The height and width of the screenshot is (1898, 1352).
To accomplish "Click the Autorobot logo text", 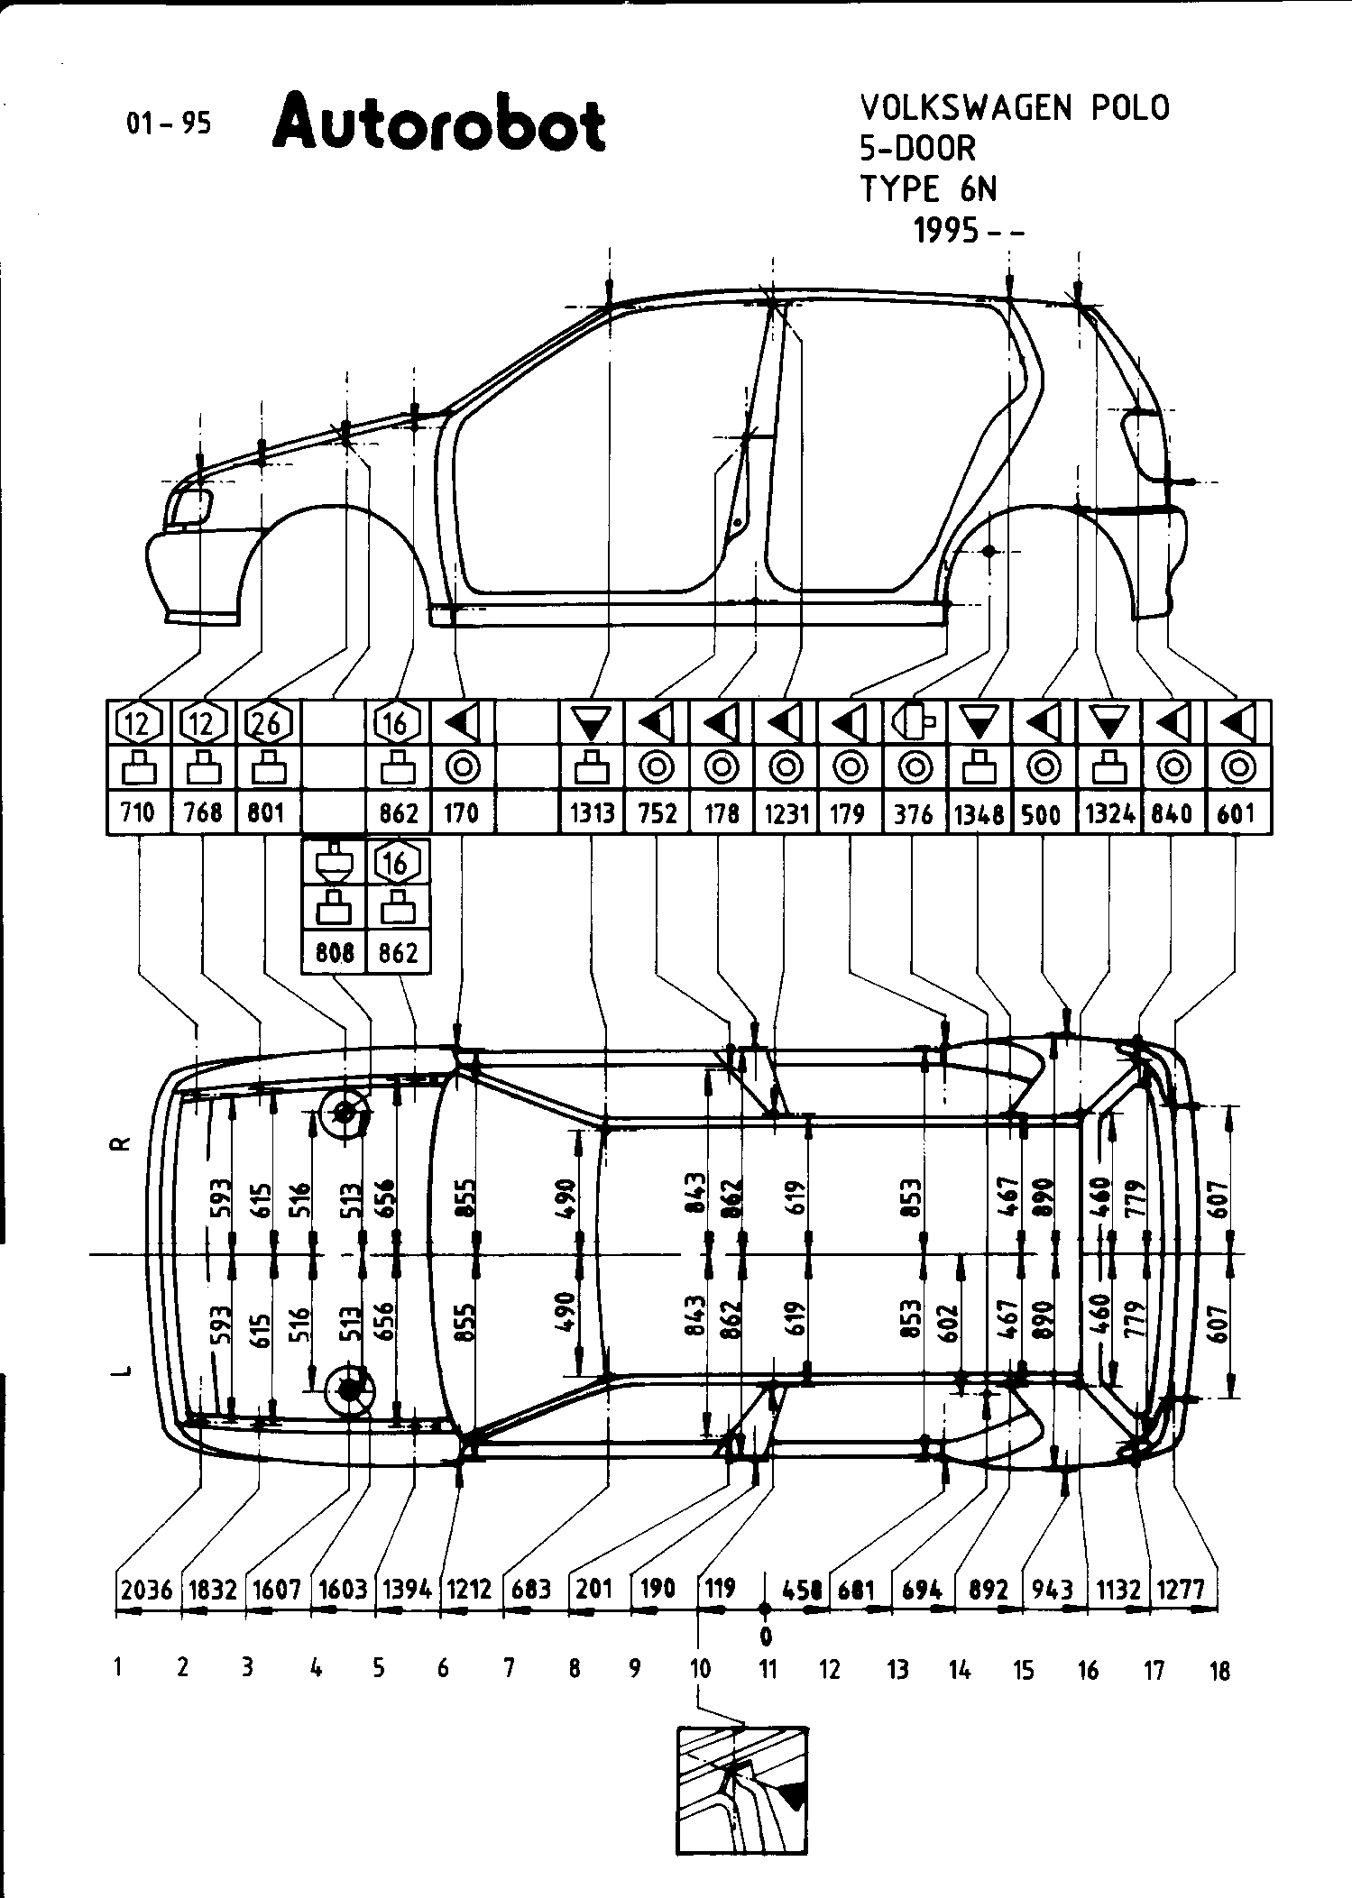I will (x=438, y=125).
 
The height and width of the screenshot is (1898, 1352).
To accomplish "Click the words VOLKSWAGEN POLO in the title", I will (x=1015, y=108).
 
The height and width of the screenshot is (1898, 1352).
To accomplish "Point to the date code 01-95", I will (x=169, y=123).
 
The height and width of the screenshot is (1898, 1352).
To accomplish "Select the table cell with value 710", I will (x=138, y=813).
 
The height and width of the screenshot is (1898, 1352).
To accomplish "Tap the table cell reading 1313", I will (x=592, y=813).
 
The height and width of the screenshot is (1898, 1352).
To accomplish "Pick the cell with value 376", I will (x=915, y=813).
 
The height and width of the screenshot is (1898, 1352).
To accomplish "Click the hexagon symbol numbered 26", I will (x=268, y=722).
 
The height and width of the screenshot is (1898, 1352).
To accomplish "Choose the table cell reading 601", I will (x=1237, y=813).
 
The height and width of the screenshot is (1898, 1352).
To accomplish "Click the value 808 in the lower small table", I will (x=335, y=952).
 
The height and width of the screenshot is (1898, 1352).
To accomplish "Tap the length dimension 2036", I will (x=146, y=1589).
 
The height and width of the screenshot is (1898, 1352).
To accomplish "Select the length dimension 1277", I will (x=1181, y=1589).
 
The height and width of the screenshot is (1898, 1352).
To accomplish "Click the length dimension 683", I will (x=530, y=1589).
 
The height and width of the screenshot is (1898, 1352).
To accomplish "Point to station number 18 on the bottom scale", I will (x=1219, y=1671).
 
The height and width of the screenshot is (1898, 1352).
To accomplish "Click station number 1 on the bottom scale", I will (x=118, y=1668).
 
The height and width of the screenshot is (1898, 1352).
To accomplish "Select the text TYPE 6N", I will (x=928, y=189).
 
